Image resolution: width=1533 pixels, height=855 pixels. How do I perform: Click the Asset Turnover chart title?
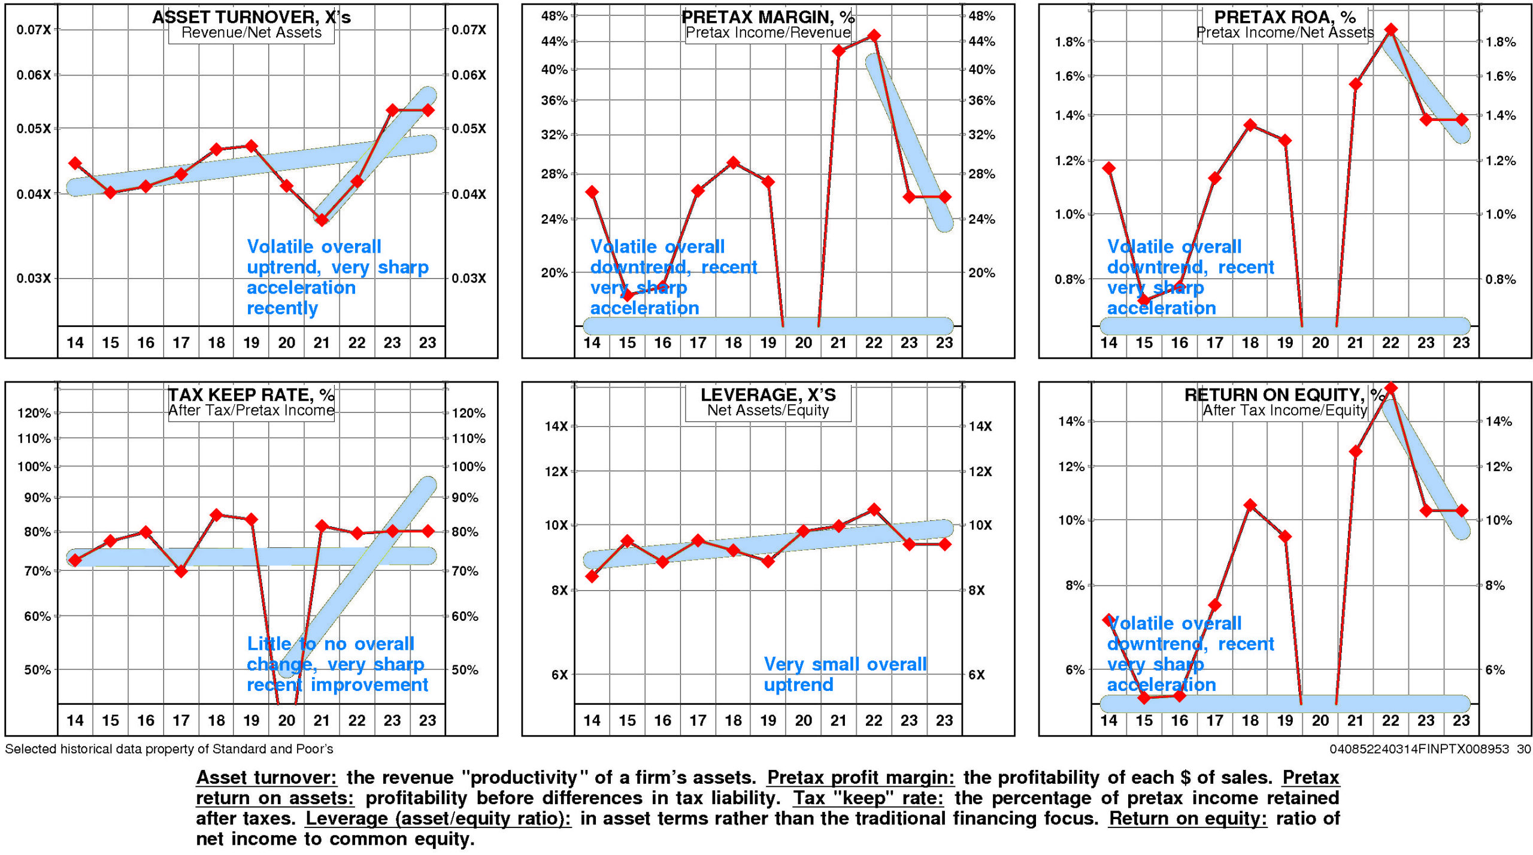(x=252, y=17)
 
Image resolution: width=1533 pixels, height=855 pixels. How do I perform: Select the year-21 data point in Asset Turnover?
(x=322, y=220)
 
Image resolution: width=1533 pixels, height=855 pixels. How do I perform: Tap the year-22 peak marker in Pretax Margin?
(x=874, y=36)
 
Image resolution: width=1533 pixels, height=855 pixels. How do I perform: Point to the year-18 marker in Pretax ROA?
(x=1250, y=125)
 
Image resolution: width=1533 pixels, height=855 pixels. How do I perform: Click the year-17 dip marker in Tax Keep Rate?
(x=181, y=571)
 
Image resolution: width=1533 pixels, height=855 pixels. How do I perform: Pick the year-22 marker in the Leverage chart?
(x=874, y=510)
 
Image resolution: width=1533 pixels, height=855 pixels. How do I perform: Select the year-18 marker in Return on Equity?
(x=1250, y=505)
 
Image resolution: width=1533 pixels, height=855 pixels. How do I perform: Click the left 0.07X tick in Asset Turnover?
(x=34, y=30)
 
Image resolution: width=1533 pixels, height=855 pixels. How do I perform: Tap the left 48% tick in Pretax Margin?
(x=554, y=16)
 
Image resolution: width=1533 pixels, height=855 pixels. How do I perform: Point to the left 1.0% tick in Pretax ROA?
(x=1070, y=214)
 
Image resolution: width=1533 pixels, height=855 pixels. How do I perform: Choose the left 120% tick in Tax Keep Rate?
(x=34, y=413)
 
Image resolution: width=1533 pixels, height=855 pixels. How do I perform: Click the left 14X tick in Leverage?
(x=556, y=426)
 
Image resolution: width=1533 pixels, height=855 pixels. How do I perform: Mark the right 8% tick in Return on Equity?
(x=1495, y=586)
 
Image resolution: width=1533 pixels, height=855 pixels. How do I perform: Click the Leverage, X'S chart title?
(x=768, y=395)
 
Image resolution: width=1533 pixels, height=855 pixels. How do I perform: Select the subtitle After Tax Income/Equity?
(x=1285, y=410)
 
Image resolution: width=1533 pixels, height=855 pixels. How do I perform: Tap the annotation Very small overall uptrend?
(x=844, y=674)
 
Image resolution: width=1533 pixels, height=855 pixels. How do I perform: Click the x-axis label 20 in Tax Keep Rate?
(x=286, y=720)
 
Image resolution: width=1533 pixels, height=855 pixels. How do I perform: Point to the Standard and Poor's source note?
(x=169, y=749)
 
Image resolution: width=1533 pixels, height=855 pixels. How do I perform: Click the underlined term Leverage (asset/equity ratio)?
(x=438, y=818)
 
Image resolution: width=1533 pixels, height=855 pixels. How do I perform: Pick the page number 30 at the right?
(x=1523, y=749)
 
